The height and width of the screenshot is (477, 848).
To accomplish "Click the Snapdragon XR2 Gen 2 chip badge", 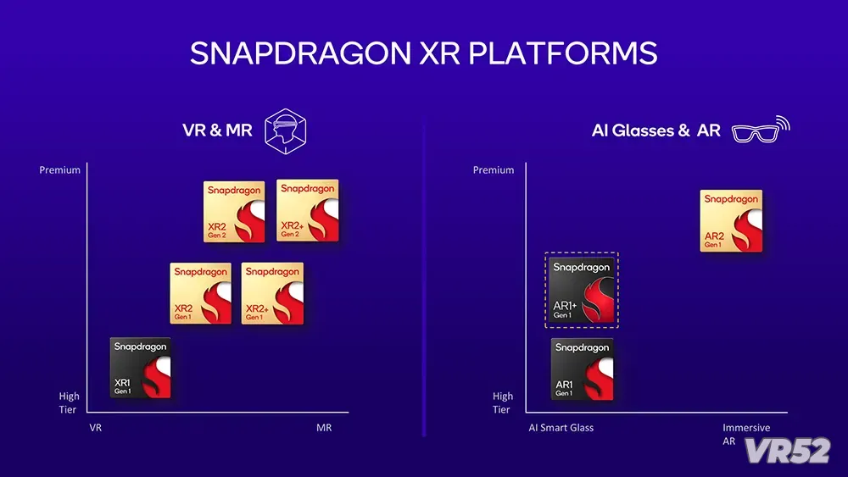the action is coord(234,212).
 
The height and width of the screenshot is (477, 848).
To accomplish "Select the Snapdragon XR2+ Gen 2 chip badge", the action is coord(308,210).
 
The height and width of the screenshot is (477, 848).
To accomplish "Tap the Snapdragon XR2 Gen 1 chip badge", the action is coord(201,293).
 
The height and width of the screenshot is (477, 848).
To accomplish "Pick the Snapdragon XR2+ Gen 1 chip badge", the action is coord(272,293).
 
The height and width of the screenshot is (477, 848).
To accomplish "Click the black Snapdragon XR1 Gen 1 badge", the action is coord(141,368).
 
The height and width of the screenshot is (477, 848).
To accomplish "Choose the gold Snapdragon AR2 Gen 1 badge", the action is coord(731,220).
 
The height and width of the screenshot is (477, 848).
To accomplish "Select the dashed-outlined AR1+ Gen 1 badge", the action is coord(582,290).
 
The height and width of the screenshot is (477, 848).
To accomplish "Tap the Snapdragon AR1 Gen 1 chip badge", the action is coord(583,369).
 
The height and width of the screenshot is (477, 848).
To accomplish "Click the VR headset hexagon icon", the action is coord(286,131).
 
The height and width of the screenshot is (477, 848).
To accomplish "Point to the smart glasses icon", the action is coord(761,130).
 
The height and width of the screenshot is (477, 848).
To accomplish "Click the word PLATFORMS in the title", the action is coord(562,53).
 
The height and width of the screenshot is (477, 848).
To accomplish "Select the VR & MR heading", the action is coord(217,130).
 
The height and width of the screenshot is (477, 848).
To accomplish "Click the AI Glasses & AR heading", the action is coord(656,130).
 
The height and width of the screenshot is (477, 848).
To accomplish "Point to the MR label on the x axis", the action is coord(324,428).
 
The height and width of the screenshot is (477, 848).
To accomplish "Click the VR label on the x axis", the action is coord(95,428).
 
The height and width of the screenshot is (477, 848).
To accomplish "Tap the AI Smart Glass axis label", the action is coord(561,428).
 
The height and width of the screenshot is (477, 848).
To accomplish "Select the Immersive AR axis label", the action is coord(746,435).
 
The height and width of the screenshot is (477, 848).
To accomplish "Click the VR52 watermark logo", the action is coord(788,451).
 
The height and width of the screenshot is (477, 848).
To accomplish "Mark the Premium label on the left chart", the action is coord(59,170).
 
